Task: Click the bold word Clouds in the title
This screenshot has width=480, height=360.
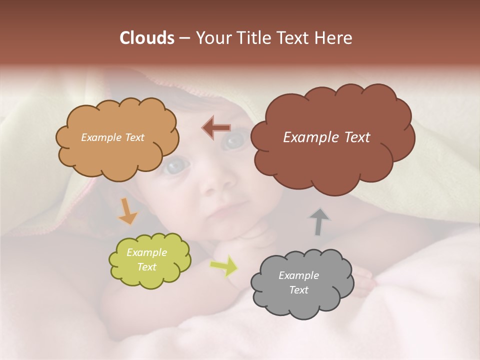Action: click(146, 38)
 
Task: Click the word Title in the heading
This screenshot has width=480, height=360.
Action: click(254, 38)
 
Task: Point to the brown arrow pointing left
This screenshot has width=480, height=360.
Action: click(216, 128)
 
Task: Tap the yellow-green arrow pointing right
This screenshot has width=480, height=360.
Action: click(224, 266)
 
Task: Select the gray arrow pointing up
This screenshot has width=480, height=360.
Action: click(319, 221)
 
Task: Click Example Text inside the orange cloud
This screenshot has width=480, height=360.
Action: click(112, 137)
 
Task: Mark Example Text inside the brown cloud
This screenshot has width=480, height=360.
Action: click(326, 137)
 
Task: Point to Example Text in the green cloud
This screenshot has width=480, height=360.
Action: click(147, 259)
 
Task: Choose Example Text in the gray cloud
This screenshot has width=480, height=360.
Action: click(298, 282)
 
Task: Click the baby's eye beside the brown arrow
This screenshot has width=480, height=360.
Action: click(232, 141)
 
